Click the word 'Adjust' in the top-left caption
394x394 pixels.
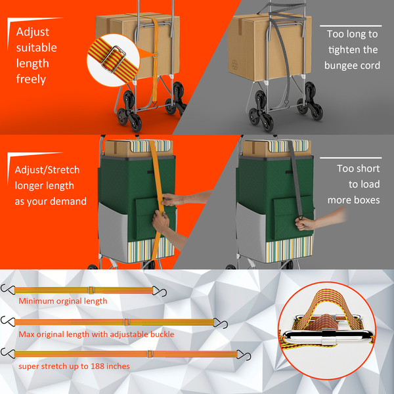[33, 32]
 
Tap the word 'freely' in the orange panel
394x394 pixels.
[30, 79]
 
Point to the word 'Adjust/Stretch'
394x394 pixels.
[47, 170]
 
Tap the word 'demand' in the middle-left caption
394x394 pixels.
[69, 201]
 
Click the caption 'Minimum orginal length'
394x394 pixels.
[62, 301]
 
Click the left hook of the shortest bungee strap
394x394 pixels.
[8, 288]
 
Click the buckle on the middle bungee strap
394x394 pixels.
[125, 322]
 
